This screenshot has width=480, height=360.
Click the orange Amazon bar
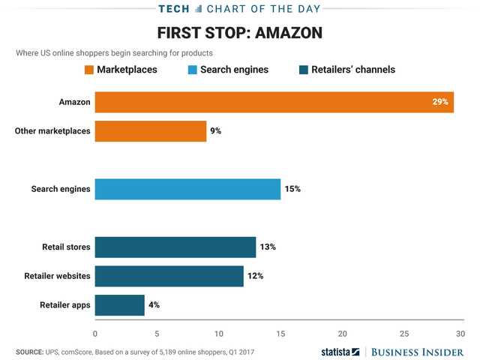[x=274, y=101]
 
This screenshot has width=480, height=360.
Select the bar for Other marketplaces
[x=150, y=130]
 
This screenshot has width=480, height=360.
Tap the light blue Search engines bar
[x=187, y=189]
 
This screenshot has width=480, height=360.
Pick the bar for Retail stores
[x=175, y=247]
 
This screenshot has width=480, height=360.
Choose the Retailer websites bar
[x=169, y=276]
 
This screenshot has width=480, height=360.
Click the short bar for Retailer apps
[x=119, y=304]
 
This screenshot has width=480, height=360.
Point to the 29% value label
[x=440, y=101]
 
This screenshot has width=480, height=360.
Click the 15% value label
[x=292, y=189]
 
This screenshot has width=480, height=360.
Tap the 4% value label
[x=154, y=304]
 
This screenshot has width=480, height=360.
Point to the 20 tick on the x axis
[x=342, y=333]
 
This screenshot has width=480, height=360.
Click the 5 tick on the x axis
[x=157, y=333]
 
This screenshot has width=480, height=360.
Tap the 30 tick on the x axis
[x=466, y=333]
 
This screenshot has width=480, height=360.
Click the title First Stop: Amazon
[x=240, y=34]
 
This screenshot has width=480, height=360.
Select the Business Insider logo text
[x=420, y=351]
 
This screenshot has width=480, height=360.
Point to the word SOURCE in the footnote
[x=30, y=351]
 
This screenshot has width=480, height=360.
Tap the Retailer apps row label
[x=64, y=304]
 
